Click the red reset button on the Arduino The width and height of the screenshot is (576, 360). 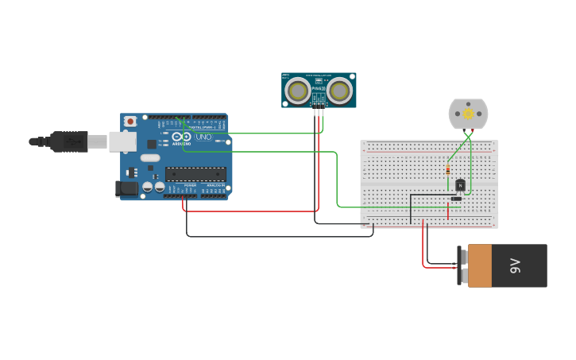[130, 121]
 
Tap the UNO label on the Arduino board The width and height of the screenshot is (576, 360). [203, 137]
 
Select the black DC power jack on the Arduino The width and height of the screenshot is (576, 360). [126, 189]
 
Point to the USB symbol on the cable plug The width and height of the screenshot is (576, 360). [73, 142]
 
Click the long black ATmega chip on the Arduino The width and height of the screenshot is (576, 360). [195, 174]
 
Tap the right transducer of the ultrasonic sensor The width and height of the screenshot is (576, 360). [339, 91]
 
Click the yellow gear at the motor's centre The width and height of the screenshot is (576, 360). [468, 114]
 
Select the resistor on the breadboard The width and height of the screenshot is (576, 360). [448, 169]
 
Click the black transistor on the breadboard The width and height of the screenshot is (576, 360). [460, 185]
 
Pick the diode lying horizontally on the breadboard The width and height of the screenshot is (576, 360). [456, 199]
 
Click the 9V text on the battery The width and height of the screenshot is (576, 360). [515, 265]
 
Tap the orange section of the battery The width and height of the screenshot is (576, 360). [480, 265]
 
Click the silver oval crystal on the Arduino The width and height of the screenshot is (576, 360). [149, 157]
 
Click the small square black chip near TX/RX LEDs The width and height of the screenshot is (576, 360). [152, 144]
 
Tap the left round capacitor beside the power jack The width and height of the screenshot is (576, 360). [148, 188]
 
